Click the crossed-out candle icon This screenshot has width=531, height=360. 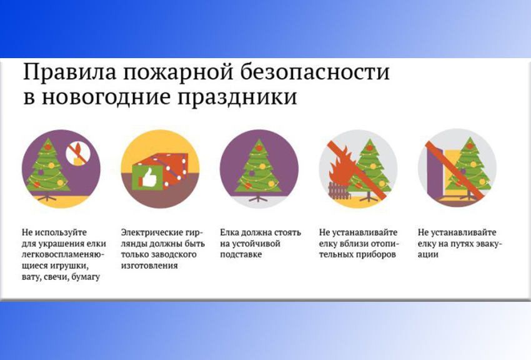[78, 153]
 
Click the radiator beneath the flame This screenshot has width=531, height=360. [338, 191]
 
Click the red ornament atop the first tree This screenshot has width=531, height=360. [48, 147]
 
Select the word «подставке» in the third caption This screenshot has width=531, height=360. [241, 254]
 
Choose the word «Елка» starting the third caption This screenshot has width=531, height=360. [229, 232]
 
